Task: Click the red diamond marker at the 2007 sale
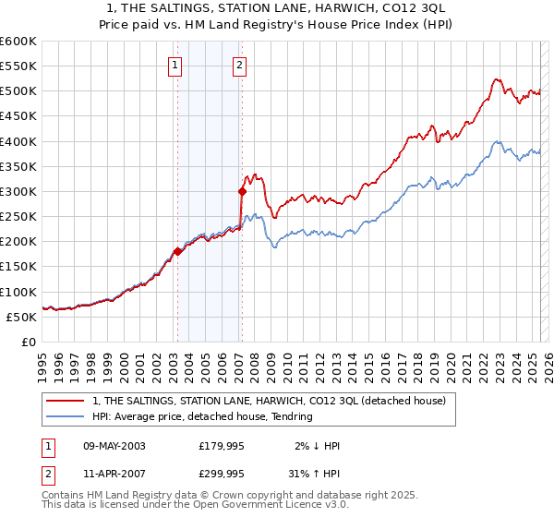(x=242, y=192)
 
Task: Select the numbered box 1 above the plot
(x=175, y=65)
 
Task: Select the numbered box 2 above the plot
(x=239, y=65)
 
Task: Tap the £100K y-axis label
(x=18, y=292)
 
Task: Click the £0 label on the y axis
(x=28, y=342)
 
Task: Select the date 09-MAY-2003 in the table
(x=114, y=446)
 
